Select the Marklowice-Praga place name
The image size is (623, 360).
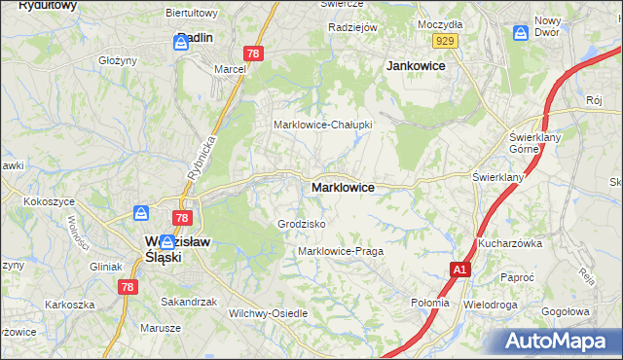(x=340, y=251)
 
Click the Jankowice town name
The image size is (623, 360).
(x=416, y=65)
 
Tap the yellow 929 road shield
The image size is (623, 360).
(x=447, y=40)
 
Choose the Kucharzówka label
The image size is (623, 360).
(x=509, y=243)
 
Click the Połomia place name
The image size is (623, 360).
(x=430, y=303)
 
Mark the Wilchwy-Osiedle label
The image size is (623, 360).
(x=267, y=313)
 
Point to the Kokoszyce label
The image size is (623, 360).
(x=52, y=201)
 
